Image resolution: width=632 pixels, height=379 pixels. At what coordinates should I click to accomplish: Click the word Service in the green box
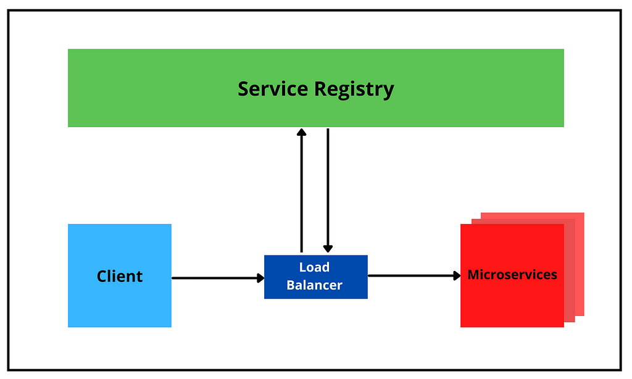tap(273, 89)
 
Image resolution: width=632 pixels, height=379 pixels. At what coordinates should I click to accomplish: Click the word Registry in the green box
tap(354, 90)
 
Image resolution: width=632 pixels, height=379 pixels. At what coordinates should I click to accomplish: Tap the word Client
tap(120, 276)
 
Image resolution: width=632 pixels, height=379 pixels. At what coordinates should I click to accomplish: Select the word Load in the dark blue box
tap(314, 267)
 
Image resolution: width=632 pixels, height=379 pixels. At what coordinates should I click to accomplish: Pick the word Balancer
tap(314, 285)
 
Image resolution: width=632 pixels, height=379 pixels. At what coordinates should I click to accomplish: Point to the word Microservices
tap(512, 275)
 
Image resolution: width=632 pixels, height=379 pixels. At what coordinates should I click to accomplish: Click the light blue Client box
tap(120, 275)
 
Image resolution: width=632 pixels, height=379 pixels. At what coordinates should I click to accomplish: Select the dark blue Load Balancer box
tap(316, 277)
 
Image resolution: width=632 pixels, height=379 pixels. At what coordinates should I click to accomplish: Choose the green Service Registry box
tap(316, 88)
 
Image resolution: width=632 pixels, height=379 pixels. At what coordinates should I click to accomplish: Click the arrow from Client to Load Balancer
tap(218, 278)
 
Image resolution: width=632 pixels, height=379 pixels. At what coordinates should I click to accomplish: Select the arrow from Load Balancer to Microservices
tap(414, 276)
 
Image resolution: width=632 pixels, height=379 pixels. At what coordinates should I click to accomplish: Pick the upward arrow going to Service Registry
tap(301, 190)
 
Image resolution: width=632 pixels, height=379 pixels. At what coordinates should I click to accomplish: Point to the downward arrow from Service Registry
tap(328, 190)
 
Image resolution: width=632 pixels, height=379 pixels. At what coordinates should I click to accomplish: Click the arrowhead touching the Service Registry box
tap(301, 132)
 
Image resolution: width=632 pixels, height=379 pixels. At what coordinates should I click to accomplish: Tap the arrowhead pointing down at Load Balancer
tap(328, 249)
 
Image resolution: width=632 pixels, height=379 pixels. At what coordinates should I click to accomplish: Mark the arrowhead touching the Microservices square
tap(457, 276)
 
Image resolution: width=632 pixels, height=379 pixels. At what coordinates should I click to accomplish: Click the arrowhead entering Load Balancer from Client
tap(261, 278)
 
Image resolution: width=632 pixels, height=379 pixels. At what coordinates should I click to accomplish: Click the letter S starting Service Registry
tap(243, 89)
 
